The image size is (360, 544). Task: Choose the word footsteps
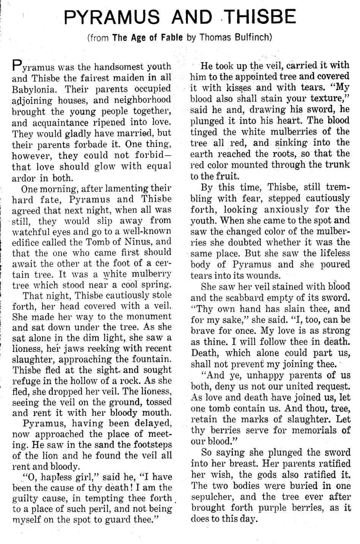[x=146, y=444]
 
